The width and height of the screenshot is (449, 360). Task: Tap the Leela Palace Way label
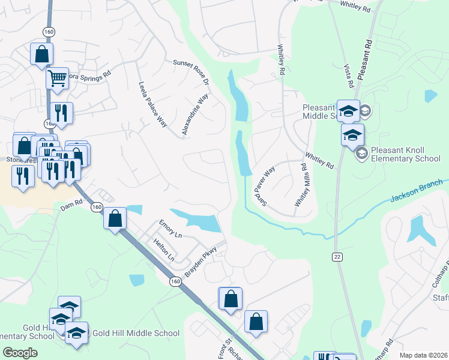(x=152, y=105)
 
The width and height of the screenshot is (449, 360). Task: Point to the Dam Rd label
(x=71, y=205)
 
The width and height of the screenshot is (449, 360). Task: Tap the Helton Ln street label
(x=164, y=251)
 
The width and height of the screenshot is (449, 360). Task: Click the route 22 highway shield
(x=337, y=257)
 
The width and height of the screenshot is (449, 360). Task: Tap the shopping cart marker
(x=57, y=78)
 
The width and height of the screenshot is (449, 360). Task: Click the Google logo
(x=20, y=353)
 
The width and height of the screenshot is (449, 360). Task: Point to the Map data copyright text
(x=424, y=355)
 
